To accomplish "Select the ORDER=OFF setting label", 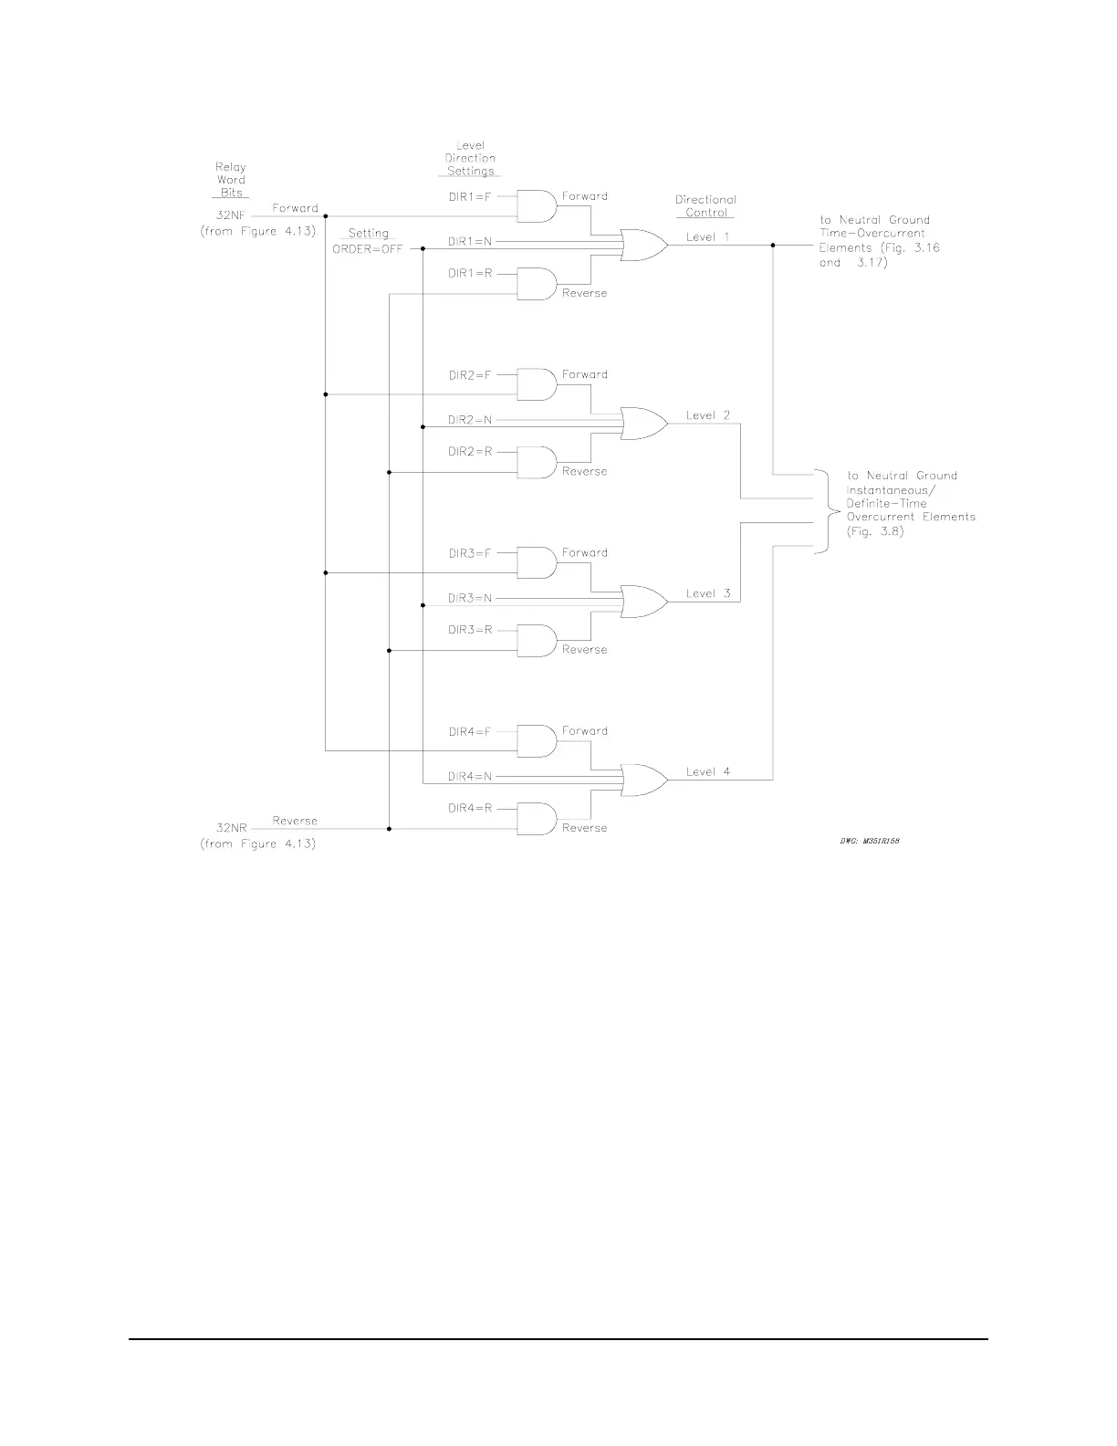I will [367, 248].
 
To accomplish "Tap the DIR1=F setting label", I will [469, 196].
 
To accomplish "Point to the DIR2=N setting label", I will [470, 420].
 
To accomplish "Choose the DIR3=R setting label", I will [470, 630].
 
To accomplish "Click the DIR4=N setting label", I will [470, 776].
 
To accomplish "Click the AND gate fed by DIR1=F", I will [537, 206].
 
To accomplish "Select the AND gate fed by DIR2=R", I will [537, 463].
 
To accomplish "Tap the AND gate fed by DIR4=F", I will [537, 741].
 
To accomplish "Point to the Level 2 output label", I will [708, 415].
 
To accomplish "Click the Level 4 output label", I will [708, 771].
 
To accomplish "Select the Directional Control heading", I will [705, 205].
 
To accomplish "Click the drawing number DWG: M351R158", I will [870, 842].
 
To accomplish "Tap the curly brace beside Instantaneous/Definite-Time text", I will [824, 512].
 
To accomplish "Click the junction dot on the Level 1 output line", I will [773, 246].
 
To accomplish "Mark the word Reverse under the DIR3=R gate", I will [584, 650].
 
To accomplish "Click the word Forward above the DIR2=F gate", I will [584, 374].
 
